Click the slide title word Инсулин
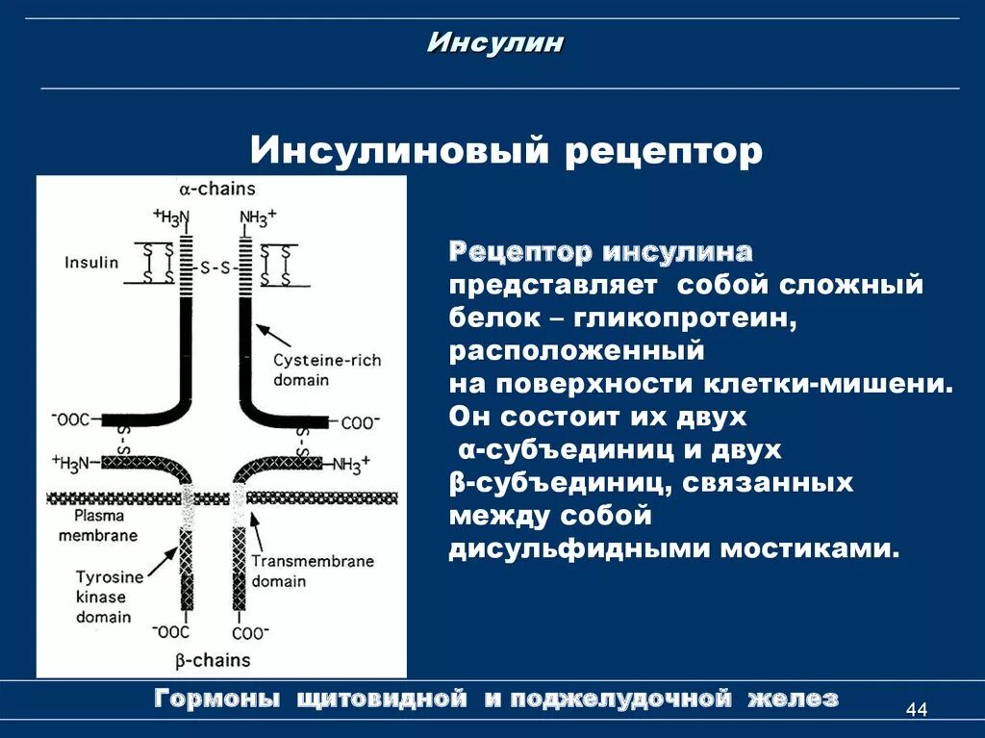(x=494, y=43)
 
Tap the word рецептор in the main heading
(x=663, y=151)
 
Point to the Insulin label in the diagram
(x=92, y=262)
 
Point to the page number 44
(x=916, y=710)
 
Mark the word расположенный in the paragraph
(x=577, y=351)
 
